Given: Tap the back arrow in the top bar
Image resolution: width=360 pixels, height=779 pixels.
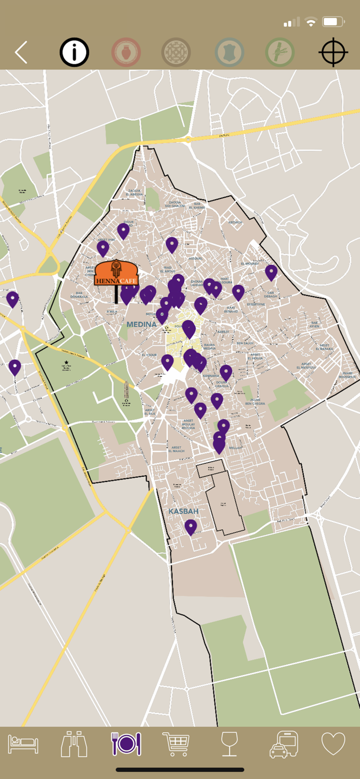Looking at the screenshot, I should (x=21, y=52).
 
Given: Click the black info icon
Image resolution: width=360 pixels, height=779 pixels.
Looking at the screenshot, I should (x=74, y=52).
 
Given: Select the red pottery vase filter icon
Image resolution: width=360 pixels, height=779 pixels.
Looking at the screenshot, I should (x=126, y=52).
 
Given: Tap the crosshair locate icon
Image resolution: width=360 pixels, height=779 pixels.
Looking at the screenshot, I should (x=333, y=52).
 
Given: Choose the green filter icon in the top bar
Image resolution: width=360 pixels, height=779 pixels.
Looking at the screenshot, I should (x=280, y=52).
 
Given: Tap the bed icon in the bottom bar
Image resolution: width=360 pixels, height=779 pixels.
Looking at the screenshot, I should (x=23, y=744).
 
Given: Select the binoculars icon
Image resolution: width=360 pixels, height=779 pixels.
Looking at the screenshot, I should (x=74, y=744).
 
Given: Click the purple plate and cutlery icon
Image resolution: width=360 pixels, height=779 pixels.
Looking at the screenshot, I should (x=126, y=744).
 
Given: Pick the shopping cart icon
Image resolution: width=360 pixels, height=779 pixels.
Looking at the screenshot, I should (x=177, y=744).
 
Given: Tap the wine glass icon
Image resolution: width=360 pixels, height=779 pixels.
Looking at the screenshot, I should (x=229, y=744).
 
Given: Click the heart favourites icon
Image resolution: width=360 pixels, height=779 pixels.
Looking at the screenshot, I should (x=334, y=744).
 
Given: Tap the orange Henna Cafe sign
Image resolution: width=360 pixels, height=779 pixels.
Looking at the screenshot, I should (x=116, y=274).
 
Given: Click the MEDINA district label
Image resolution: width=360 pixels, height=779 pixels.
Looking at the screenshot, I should (x=141, y=325).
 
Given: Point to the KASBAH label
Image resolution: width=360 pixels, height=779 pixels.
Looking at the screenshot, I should (x=183, y=512).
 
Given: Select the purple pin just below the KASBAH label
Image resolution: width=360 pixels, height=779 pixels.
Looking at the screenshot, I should (x=191, y=527).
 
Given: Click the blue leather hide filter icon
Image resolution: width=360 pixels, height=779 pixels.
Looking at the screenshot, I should (x=229, y=52).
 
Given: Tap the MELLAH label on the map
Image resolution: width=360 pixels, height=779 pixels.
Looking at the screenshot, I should (x=235, y=448).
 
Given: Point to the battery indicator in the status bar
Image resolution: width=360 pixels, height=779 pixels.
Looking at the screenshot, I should (x=333, y=22).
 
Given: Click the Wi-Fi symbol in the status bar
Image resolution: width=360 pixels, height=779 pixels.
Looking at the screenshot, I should (x=311, y=22).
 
